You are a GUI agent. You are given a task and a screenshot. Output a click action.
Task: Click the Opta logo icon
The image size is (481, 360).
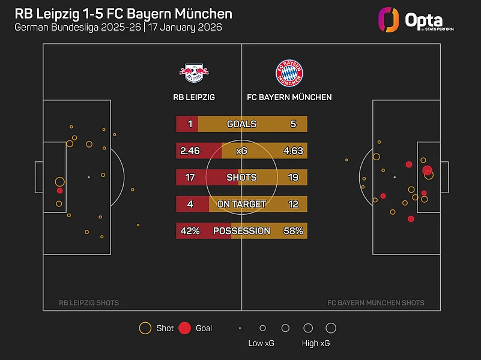point(389,19)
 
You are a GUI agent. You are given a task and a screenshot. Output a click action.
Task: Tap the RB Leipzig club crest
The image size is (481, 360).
point(193,73)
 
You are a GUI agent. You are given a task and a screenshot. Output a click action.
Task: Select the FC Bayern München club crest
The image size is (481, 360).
point(289,73)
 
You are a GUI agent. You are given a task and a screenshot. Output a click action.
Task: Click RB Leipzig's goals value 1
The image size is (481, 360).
point(190,124)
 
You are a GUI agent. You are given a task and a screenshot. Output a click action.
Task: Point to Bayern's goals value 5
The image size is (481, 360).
point(293,124)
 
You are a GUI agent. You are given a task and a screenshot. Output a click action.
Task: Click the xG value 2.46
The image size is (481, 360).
point(190,151)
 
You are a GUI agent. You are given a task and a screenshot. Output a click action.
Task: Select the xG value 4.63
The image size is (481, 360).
point(293,151)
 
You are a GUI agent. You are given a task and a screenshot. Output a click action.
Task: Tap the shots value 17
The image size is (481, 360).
point(190,178)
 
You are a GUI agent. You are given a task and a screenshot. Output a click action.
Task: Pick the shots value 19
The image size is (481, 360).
point(293,178)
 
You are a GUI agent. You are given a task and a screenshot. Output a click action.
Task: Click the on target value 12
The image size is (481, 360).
point(293,204)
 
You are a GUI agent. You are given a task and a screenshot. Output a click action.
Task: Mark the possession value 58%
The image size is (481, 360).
point(293,231)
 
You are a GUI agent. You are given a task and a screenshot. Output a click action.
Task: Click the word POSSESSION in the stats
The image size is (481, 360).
point(241,231)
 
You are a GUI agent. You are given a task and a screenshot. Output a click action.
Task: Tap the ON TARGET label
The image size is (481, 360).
point(241,204)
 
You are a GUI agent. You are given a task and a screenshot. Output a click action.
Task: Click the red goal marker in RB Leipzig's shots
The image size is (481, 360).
point(59,191)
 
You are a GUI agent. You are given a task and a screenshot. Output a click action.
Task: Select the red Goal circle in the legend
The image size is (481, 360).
point(185,328)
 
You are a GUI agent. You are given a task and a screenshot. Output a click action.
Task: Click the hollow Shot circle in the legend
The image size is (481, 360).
point(145,328)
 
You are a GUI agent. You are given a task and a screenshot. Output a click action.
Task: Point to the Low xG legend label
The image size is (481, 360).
point(261,344)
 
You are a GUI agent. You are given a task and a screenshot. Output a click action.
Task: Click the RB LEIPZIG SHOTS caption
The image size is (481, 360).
point(88,303)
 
